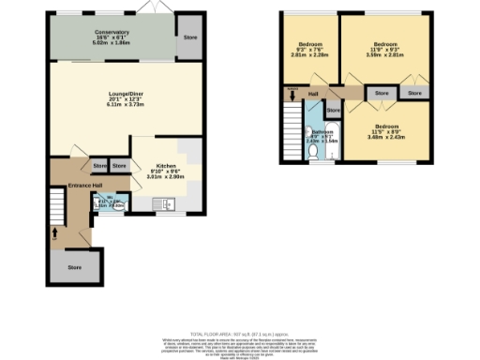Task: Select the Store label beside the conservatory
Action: [191, 38]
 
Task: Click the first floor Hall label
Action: [314, 94]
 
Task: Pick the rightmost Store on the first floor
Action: [414, 94]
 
